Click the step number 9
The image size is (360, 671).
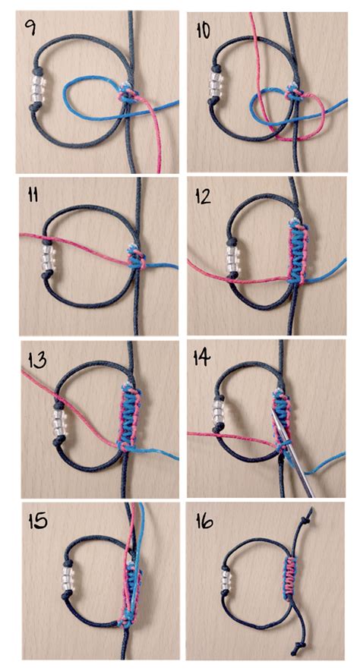click(x=31, y=32)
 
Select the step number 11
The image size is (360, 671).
click(x=32, y=196)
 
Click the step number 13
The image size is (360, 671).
click(x=33, y=362)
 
